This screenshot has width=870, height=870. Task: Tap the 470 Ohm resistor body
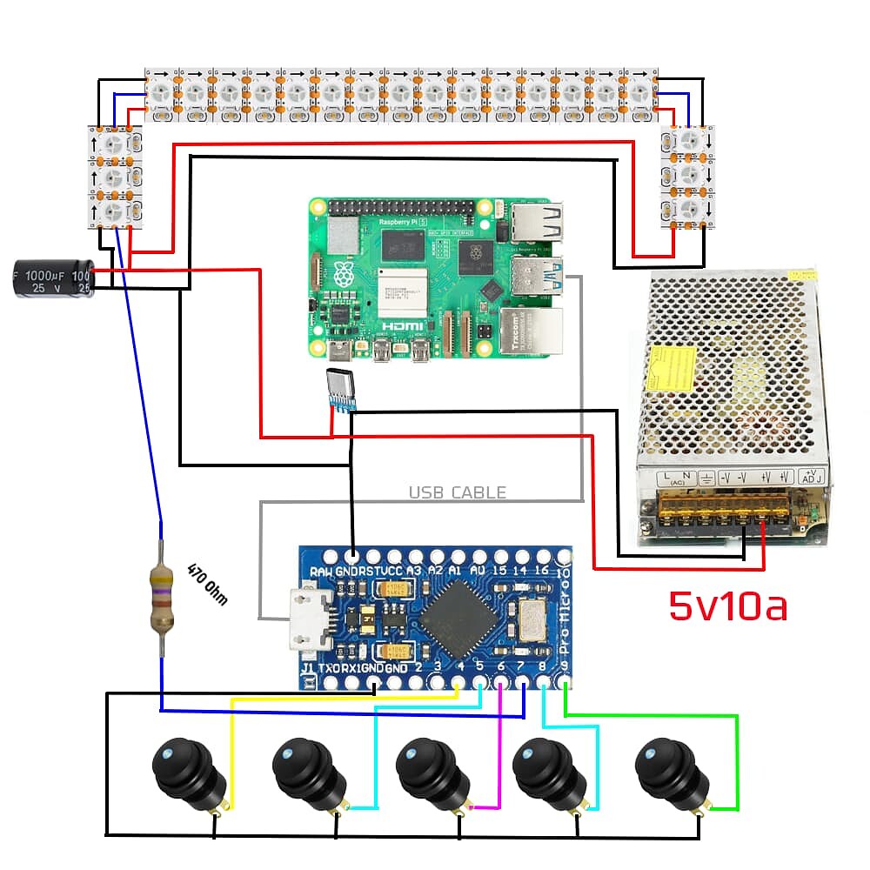(x=162, y=597)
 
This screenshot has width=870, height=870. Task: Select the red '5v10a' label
(x=727, y=606)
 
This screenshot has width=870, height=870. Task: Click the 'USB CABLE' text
(x=457, y=492)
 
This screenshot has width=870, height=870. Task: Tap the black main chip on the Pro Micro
(x=460, y=617)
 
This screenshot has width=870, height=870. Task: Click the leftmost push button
(x=184, y=771)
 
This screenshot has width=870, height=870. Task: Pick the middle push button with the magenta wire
(x=427, y=771)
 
